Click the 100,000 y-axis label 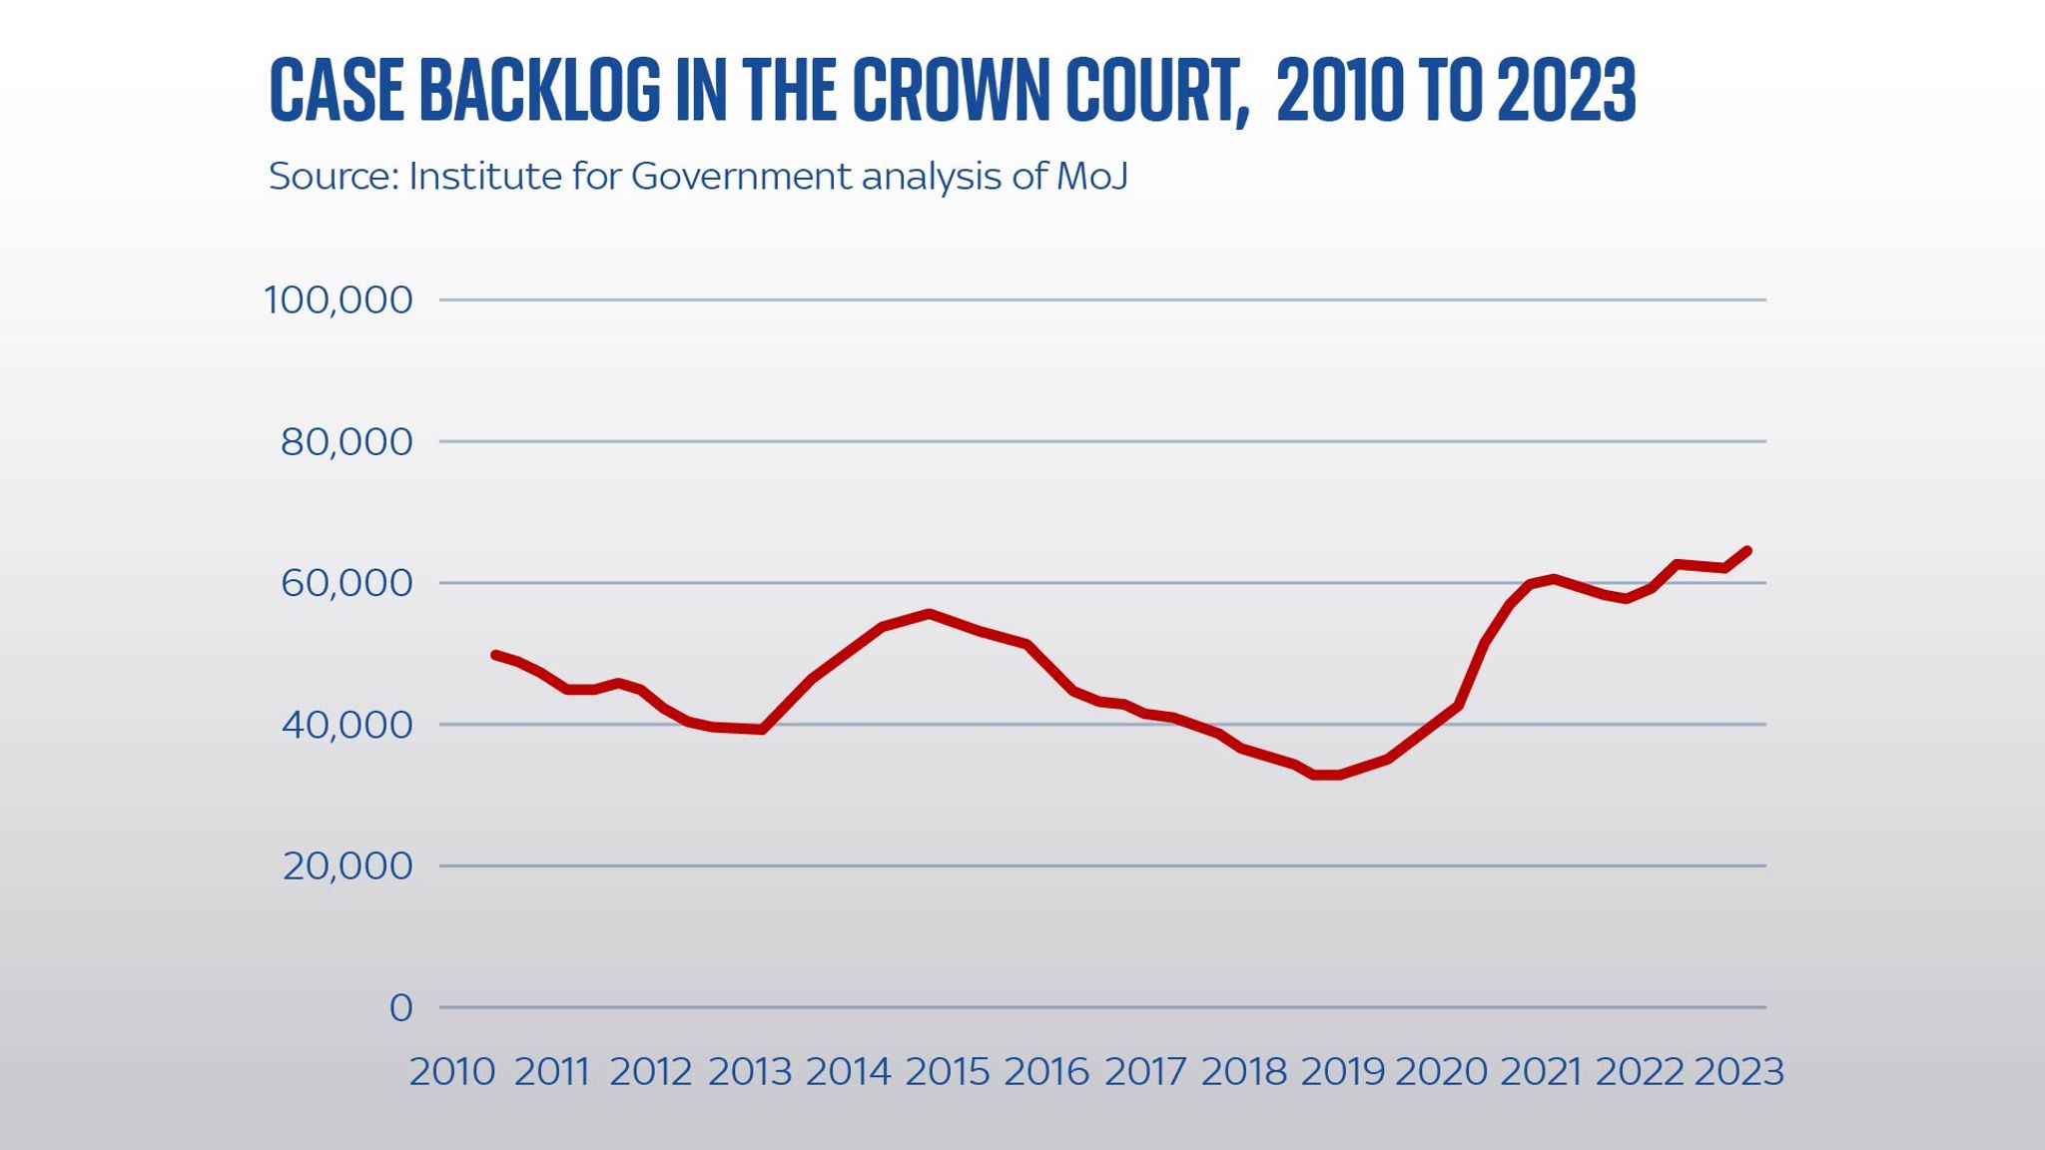338,299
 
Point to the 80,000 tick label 345,441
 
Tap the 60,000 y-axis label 345,583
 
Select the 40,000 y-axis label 345,725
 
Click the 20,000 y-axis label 346,866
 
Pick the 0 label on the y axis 400,1008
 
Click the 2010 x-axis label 452,1072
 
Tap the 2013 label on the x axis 750,1072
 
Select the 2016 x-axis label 1046,1072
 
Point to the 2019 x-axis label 1343,1072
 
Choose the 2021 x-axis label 1541,1072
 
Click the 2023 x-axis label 1739,1072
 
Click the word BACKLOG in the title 539,90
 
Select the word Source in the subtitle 333,177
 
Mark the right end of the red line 1747,550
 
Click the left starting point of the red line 494,654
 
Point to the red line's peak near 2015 930,613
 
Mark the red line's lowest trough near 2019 1326,775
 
